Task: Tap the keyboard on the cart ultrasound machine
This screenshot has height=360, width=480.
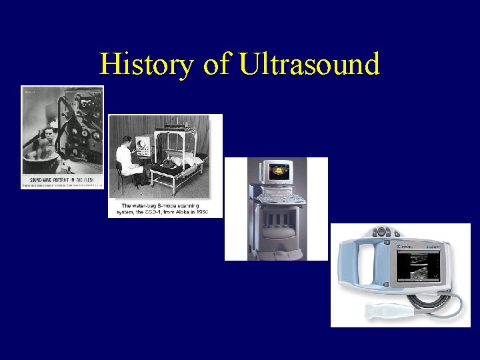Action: click(x=276, y=198)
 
